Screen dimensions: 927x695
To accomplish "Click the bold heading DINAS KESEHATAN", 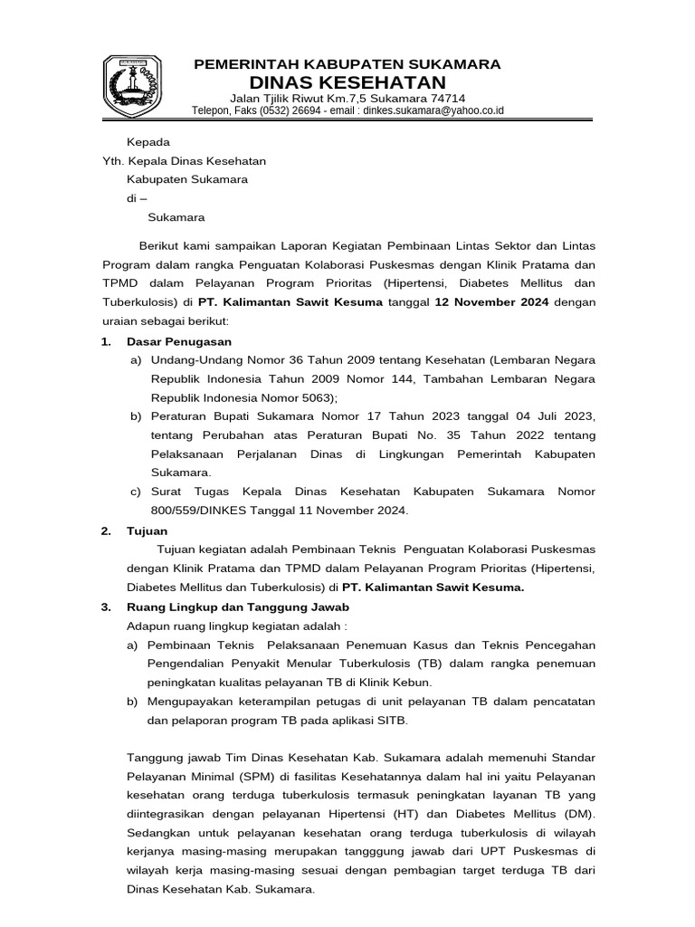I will point(348,83).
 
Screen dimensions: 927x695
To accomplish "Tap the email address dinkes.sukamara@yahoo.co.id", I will point(433,110).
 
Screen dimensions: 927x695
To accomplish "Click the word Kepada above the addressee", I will point(148,142).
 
